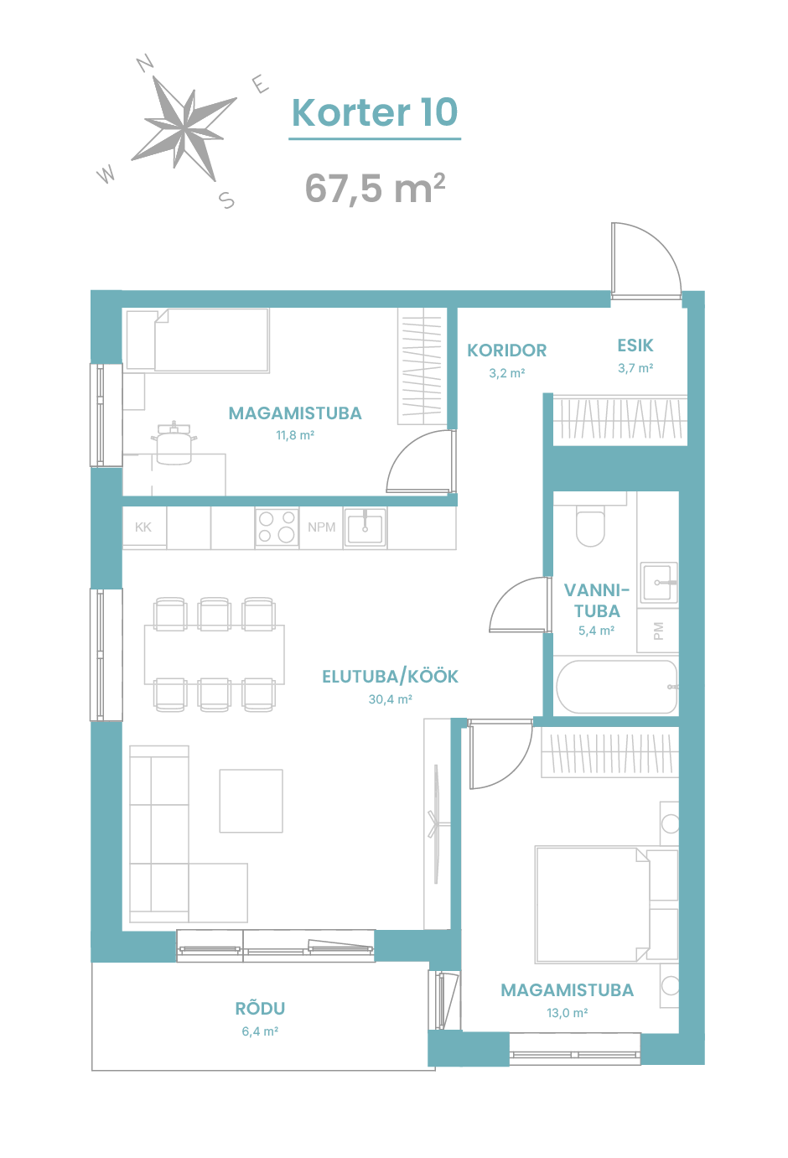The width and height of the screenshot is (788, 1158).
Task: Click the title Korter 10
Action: [375, 112]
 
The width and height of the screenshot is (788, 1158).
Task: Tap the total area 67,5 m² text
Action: [376, 188]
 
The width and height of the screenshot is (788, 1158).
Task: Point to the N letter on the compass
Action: [145, 62]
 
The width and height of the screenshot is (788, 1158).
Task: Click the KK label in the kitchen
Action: [143, 527]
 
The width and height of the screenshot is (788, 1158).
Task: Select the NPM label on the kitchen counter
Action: [321, 527]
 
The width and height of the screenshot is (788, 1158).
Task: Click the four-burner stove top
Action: [277, 527]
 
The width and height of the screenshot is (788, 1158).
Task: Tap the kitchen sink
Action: [365, 527]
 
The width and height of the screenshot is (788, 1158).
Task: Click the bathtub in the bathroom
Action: [616, 687]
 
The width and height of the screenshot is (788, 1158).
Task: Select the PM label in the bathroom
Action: [658, 631]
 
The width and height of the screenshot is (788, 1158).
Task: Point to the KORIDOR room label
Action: [507, 351]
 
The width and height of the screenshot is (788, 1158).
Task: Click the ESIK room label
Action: [635, 345]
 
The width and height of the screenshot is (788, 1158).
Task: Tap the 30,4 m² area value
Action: [390, 699]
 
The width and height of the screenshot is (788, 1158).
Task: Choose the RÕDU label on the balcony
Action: [260, 1008]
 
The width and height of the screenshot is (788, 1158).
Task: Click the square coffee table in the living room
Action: [251, 801]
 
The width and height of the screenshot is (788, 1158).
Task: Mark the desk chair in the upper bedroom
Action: [174, 443]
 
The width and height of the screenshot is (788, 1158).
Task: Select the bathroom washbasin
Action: [659, 583]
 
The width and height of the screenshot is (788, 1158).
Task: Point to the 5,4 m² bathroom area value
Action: [596, 631]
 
